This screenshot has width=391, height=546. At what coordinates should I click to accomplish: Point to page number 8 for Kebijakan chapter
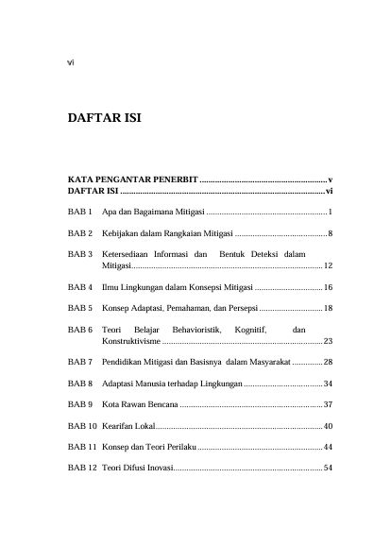click(329, 232)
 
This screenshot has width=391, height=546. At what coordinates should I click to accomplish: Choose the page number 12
click(327, 267)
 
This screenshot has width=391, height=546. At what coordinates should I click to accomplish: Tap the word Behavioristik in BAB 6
click(193, 330)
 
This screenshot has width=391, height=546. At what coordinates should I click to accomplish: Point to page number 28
click(327, 362)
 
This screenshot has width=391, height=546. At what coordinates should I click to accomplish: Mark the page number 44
click(327, 446)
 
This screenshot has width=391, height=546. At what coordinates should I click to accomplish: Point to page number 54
click(327, 469)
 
